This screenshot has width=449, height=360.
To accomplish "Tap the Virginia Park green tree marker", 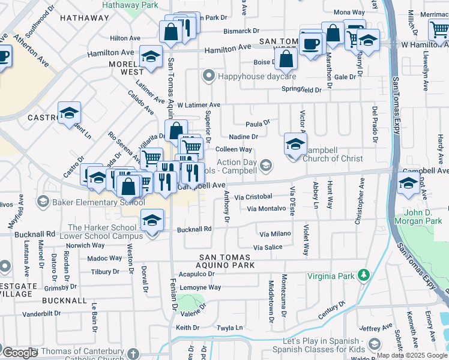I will tap(363, 275).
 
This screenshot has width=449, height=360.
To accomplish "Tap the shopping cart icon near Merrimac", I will tap(439, 29).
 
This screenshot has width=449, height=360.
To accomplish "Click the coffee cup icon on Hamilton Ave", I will tap(310, 44).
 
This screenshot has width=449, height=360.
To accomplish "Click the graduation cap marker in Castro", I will tap(70, 112).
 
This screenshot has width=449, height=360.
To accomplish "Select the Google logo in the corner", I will tap(20, 352).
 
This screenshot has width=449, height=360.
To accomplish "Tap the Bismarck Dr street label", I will tap(241, 30).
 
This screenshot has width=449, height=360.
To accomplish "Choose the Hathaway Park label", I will tap(130, 4).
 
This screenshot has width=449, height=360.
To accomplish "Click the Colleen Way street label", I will tap(234, 149).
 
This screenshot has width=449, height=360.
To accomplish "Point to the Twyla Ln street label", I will tap(230, 328).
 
